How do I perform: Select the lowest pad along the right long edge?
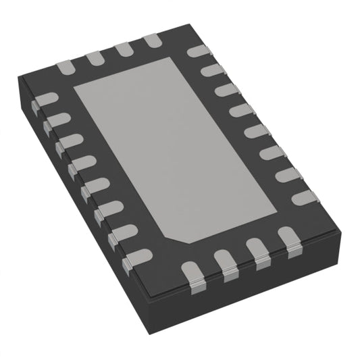click(305, 198)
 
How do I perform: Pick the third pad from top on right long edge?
click(227, 91)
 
